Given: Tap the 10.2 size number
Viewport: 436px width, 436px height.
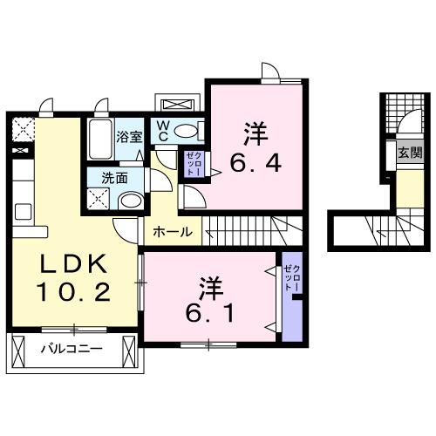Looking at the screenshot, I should point(73,292).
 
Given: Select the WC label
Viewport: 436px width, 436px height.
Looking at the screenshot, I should point(163,131).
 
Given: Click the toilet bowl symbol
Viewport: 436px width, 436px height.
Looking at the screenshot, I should point(187,131).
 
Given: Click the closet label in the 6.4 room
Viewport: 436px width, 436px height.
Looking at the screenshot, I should point(193,164).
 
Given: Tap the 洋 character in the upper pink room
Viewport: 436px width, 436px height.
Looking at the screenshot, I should point(255,133).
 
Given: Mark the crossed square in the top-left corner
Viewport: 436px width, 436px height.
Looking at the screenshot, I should point(19,130).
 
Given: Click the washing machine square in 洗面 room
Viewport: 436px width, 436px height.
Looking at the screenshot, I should point(99,200).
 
